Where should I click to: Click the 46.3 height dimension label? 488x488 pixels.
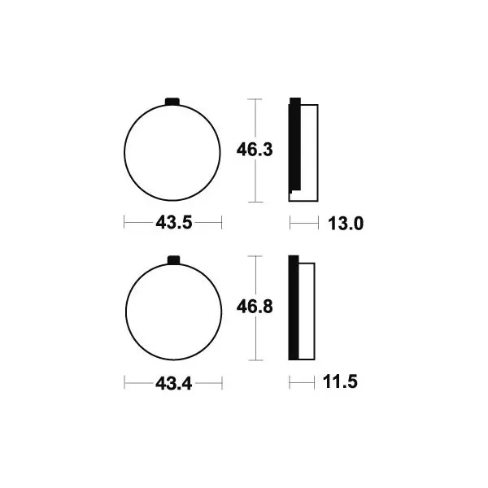tap(255, 150)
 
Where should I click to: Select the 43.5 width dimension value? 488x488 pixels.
tap(174, 223)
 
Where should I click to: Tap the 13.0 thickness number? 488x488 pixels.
tap(346, 224)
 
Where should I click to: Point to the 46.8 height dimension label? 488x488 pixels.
tap(255, 307)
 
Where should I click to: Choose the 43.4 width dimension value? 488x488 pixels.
tap(174, 383)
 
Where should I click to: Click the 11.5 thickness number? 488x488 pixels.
tap(340, 382)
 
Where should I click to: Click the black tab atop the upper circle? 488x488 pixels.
tap(172, 102)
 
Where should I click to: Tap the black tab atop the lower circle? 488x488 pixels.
tap(174, 260)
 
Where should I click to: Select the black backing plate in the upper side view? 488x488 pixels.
tap(294, 144)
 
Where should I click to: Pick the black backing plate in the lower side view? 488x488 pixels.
tap(294, 307)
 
